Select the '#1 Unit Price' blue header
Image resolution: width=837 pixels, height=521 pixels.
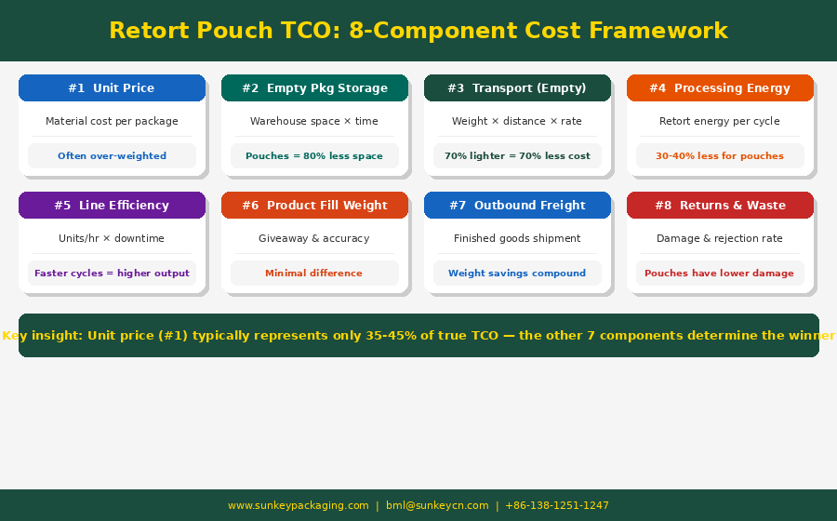pyautogui.click(x=112, y=88)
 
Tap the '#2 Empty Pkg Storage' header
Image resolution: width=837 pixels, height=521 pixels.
pyautogui.click(x=314, y=88)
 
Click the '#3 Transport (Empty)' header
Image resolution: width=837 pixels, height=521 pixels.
pyautogui.click(x=517, y=88)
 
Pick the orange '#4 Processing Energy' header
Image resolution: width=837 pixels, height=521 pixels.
pyautogui.click(x=720, y=88)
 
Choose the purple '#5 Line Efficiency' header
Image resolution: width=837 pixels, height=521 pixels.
pyautogui.click(x=112, y=206)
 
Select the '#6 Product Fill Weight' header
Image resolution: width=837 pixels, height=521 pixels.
pyautogui.click(x=314, y=206)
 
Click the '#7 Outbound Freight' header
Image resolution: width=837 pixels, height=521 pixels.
pyautogui.click(x=517, y=206)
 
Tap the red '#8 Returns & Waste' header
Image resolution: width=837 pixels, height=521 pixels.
pyautogui.click(x=720, y=206)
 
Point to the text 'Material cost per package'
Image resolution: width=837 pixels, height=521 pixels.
pyautogui.click(x=112, y=122)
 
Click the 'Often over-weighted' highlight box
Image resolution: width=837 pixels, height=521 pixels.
pyautogui.click(x=112, y=156)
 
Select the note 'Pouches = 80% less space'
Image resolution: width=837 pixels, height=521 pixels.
pyautogui.click(x=314, y=156)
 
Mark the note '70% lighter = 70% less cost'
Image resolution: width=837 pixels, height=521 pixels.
pyautogui.click(x=517, y=156)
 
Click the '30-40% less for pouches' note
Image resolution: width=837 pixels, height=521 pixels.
pyautogui.click(x=720, y=156)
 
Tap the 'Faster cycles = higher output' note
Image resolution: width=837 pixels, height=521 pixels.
pyautogui.click(x=112, y=274)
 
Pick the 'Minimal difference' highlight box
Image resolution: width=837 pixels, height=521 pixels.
pyautogui.click(x=314, y=274)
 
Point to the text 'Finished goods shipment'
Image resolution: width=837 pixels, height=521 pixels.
pyautogui.click(x=517, y=239)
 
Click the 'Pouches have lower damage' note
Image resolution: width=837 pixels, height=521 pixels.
pyautogui.click(x=720, y=274)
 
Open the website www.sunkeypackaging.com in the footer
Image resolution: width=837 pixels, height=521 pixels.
pyautogui.click(x=299, y=506)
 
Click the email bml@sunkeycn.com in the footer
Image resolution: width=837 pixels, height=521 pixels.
pyautogui.click(x=437, y=506)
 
